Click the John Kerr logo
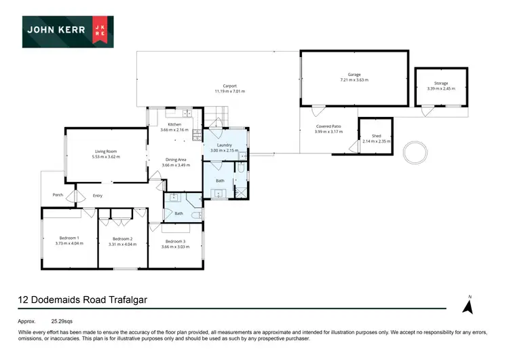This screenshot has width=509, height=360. pos(67,31)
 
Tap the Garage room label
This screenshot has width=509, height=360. pos(356,75)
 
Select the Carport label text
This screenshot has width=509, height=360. pos(229,86)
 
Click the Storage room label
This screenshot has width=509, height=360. pos(441,84)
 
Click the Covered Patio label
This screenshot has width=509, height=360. pos(328,127)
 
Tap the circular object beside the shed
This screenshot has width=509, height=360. pos(414,151)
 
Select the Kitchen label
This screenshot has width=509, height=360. pos(175,125)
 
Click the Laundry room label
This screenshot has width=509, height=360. pos(225,145)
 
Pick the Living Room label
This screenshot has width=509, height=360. pos(106,151)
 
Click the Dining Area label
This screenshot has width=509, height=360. pos(175,160)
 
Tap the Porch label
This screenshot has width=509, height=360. pos(58,196)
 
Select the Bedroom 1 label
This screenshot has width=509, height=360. pos(69,238)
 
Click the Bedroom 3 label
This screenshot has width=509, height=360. pos(175,241)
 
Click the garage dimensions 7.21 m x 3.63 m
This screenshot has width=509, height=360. pos(356,80)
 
